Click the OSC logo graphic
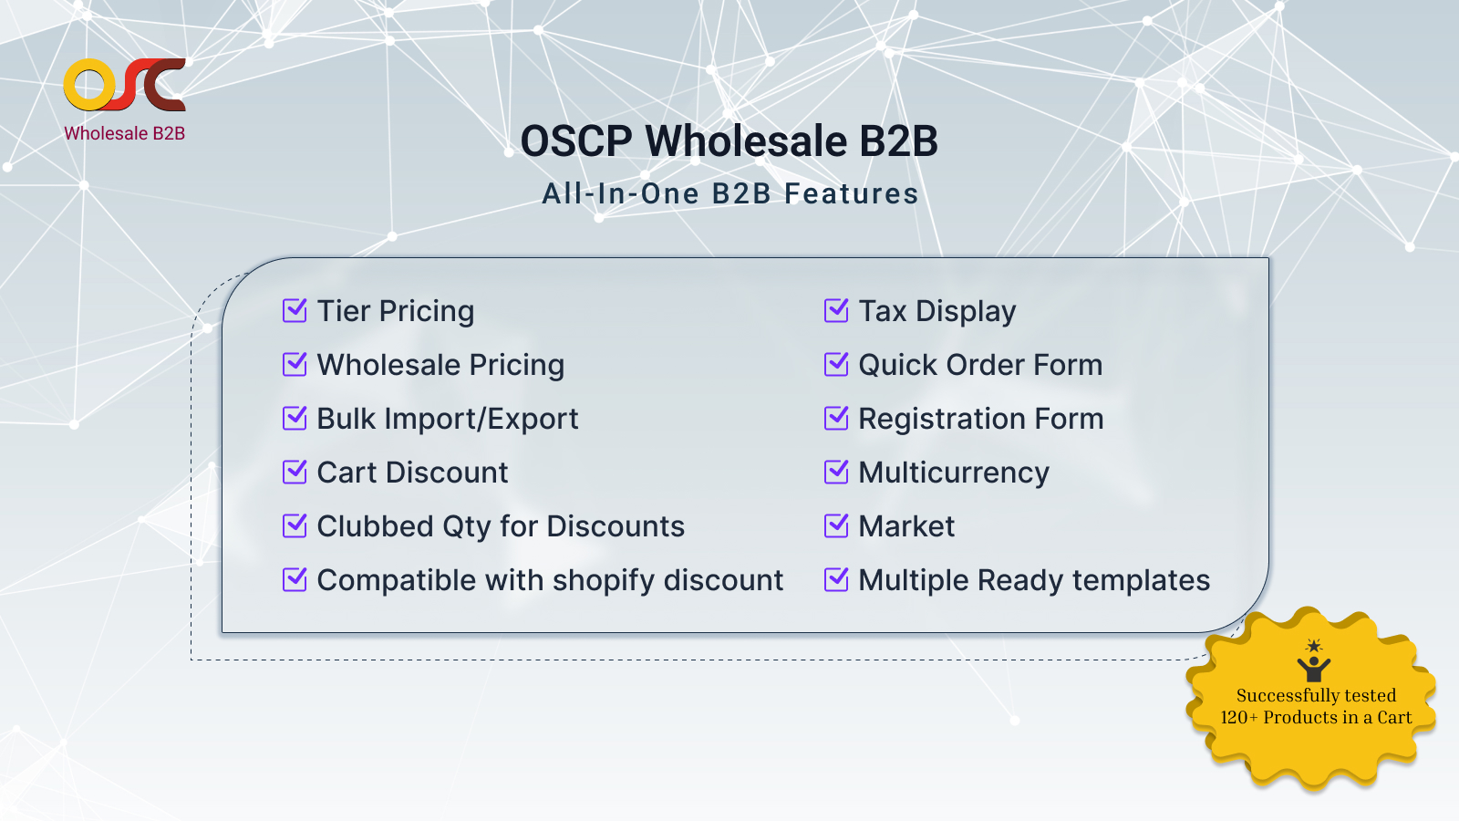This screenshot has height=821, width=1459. point(124,85)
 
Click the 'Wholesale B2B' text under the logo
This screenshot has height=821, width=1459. point(124,133)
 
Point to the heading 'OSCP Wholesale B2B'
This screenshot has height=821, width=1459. point(729,140)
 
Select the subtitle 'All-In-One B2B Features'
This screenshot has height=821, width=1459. point(730,193)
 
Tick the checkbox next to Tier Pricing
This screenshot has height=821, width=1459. point(295,310)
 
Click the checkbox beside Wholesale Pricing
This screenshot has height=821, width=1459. point(295,364)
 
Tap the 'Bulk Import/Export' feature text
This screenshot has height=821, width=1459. point(448,419)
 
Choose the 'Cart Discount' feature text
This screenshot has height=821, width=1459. point(412,473)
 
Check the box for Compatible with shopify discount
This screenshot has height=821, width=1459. point(295,579)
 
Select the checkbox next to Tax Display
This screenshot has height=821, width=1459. point(835,310)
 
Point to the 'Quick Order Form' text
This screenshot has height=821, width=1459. point(980,365)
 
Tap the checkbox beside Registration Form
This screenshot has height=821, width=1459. point(835,419)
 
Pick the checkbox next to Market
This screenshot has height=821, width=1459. point(835,525)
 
